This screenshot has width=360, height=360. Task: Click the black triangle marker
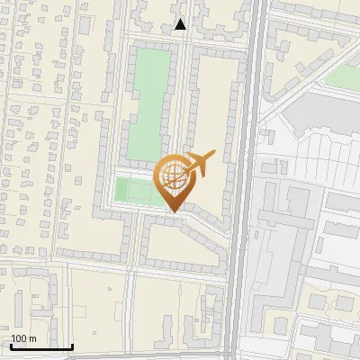tap(181, 24)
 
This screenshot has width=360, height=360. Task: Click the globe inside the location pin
tap(174, 179)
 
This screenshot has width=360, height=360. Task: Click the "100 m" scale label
tap(23, 338)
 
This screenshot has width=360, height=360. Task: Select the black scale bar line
tap(41, 346)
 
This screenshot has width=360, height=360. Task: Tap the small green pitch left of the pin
tap(134, 191)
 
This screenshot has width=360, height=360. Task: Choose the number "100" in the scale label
tap(19, 338)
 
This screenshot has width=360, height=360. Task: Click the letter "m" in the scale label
tap(32, 339)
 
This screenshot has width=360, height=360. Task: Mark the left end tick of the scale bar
tap(11, 345)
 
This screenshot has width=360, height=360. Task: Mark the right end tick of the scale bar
tap(72, 345)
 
